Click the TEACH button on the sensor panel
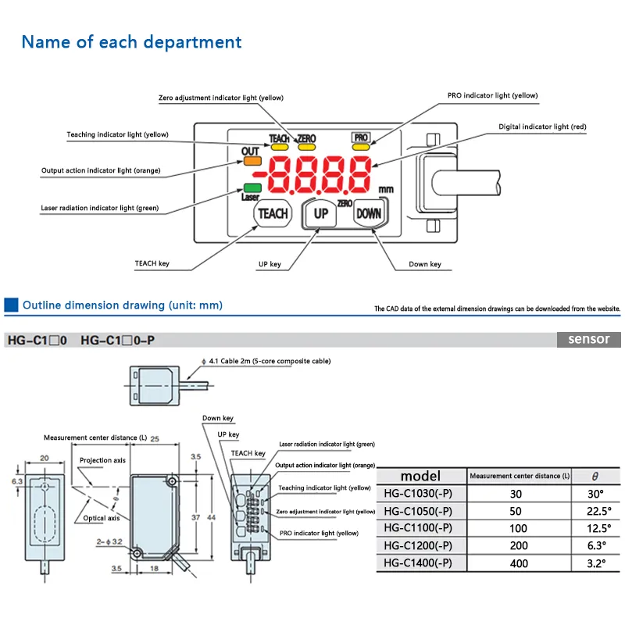273,213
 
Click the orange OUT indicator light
252,160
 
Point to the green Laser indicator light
252,187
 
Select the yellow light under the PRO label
361,145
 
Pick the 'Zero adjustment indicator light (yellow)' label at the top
221,98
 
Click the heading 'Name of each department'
131,41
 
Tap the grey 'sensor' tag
588,340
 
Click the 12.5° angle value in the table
595,529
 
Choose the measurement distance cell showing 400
519,563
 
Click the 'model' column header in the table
420,476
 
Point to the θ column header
595,476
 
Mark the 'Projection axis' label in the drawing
102,460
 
